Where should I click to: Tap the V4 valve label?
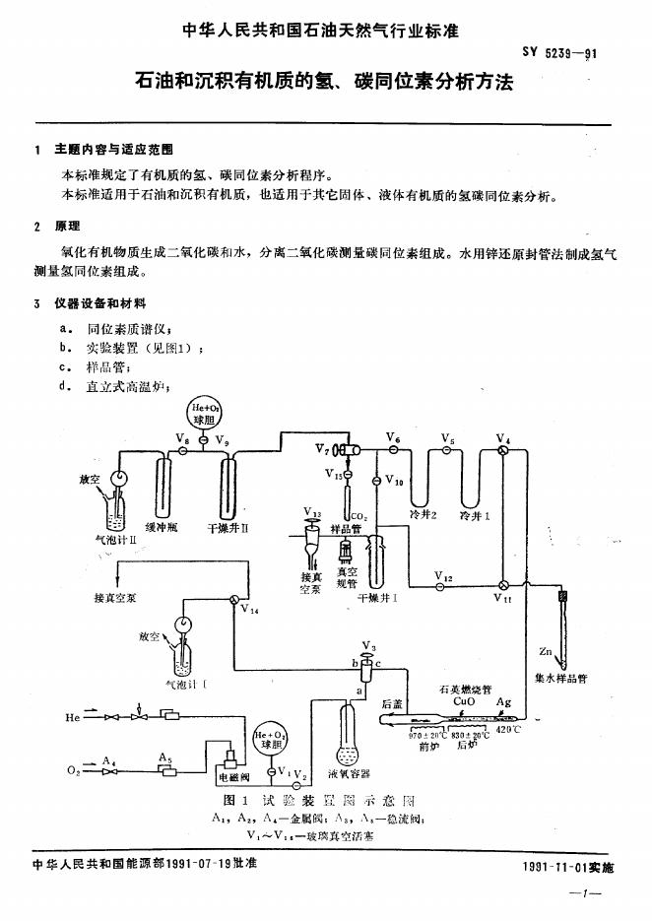click(503, 438)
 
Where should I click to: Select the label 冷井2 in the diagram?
click(423, 514)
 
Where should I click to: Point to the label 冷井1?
click(475, 514)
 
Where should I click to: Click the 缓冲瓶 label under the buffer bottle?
click(161, 528)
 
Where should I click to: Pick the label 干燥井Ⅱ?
click(228, 528)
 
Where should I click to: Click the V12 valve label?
click(443, 575)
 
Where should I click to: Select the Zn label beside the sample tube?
click(546, 652)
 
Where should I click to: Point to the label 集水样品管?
click(560, 678)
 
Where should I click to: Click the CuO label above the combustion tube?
click(464, 702)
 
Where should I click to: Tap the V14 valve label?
click(249, 611)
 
